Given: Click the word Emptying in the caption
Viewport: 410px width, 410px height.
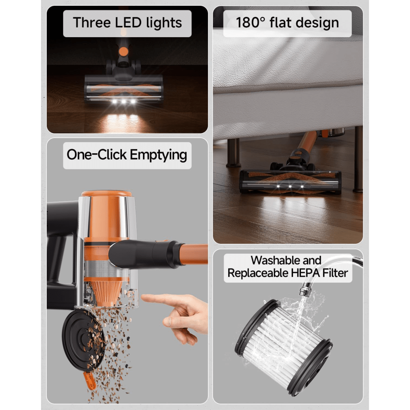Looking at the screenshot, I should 158,155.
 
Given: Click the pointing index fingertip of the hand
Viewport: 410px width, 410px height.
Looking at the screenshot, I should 144,297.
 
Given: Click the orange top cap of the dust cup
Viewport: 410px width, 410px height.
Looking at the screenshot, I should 107,193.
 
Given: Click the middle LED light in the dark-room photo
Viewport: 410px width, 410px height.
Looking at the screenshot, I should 123,102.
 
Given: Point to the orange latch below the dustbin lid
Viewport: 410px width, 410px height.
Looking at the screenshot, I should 90,380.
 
